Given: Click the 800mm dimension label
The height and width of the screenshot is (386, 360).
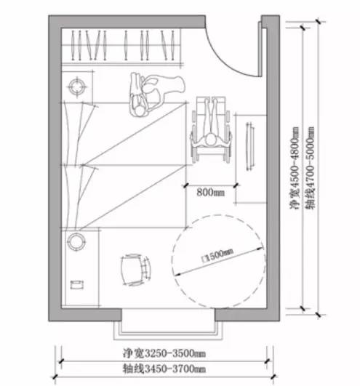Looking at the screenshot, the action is [210, 192].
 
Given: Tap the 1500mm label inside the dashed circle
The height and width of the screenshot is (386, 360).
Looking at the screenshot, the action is [217, 256].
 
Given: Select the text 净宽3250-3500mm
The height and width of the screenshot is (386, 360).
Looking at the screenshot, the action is [164, 353].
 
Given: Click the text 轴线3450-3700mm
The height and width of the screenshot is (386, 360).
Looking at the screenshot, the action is [164, 369].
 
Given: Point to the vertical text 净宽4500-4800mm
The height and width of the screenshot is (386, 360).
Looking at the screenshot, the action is [295, 168].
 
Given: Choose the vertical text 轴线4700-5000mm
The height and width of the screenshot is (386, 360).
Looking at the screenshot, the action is [310, 168].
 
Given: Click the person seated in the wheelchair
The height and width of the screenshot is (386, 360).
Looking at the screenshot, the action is [211, 125].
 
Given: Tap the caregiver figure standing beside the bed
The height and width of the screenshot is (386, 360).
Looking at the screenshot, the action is [156, 94].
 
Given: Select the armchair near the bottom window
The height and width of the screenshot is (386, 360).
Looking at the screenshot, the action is [136, 270].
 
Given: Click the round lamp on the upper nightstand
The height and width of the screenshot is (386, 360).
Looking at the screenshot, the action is [77, 87].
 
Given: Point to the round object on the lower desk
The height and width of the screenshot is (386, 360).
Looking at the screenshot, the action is [76, 242].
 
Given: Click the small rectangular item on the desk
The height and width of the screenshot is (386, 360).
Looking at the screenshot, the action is [77, 285].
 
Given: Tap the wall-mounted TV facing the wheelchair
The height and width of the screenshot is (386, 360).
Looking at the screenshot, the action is [250, 146].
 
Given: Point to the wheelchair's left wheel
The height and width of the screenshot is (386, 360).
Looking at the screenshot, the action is [193, 138].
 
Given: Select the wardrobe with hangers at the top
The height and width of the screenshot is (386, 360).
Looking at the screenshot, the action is [121, 47].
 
